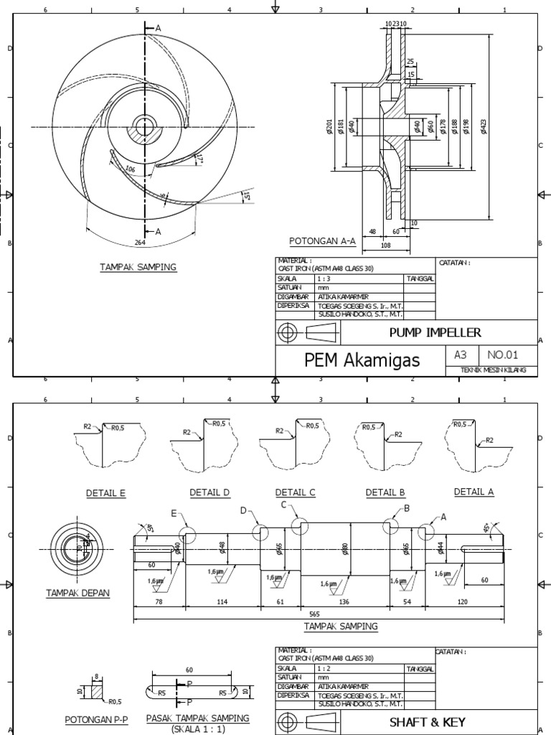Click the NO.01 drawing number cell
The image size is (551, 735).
(501, 354)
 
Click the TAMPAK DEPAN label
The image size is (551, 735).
(77, 592)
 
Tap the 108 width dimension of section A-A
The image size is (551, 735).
(385, 244)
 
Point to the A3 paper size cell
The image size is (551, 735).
(459, 354)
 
